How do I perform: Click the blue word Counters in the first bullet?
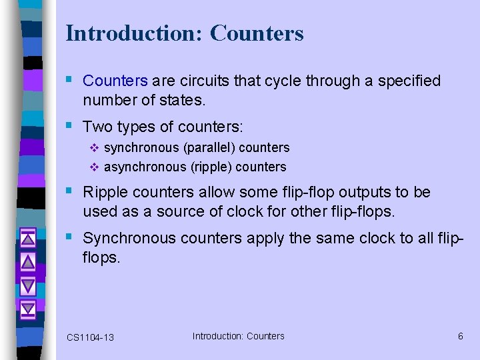pos(115,81)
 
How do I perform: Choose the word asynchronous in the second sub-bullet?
pos(146,167)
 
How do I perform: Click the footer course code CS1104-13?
pos(90,337)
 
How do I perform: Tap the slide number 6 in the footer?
pos(460,336)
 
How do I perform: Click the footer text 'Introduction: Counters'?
pos(238,336)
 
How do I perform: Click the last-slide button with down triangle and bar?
pos(27,309)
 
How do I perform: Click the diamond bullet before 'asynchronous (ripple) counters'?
pos(93,167)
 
